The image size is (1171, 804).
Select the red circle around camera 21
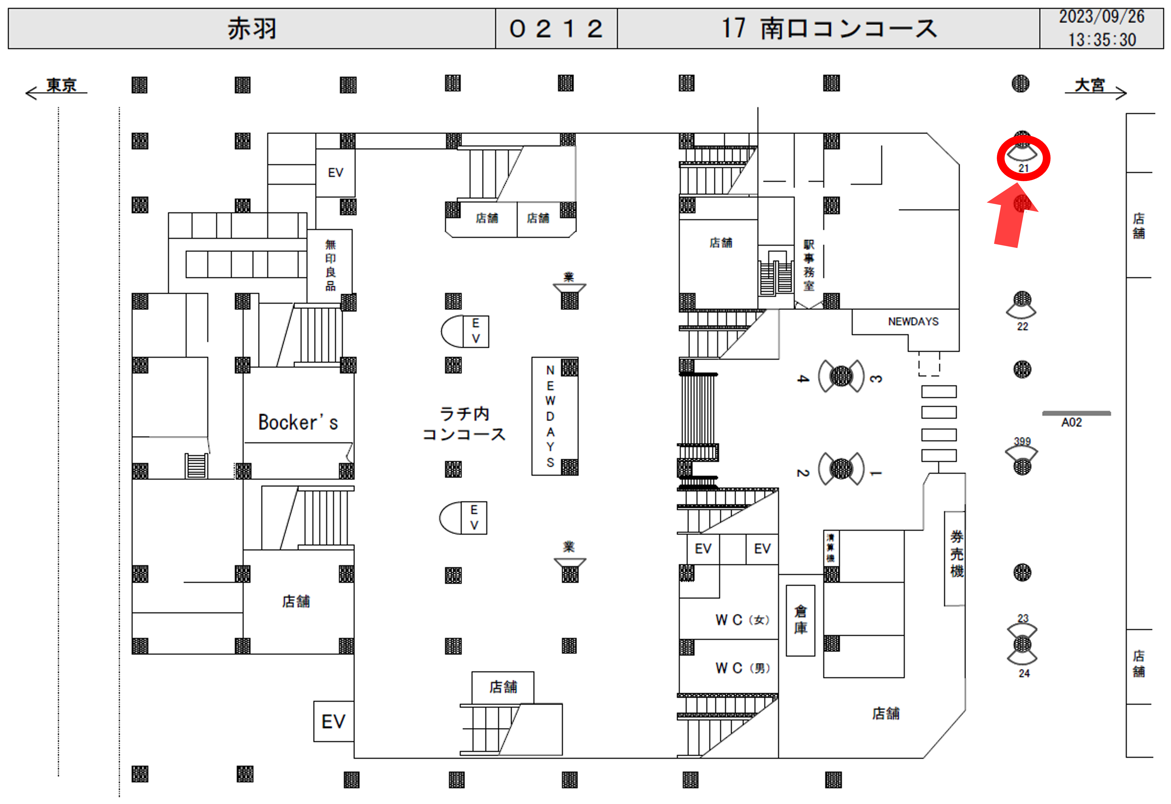coord(1023,158)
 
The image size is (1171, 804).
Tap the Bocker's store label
coord(298,422)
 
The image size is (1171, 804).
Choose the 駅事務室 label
coord(809,265)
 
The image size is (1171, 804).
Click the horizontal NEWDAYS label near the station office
coord(913,322)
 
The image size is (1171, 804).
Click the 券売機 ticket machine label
coord(956,554)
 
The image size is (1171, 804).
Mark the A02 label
coord(1071,422)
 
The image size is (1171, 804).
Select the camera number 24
coord(1024,673)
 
